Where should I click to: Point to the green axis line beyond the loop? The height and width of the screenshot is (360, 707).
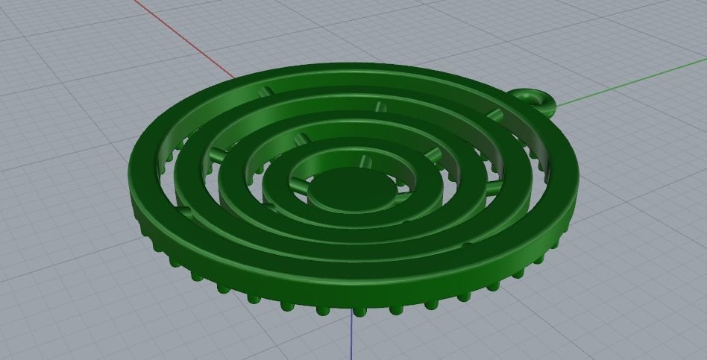pyautogui.click(x=634, y=82)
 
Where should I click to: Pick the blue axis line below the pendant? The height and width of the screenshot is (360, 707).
pyautogui.click(x=351, y=339)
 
